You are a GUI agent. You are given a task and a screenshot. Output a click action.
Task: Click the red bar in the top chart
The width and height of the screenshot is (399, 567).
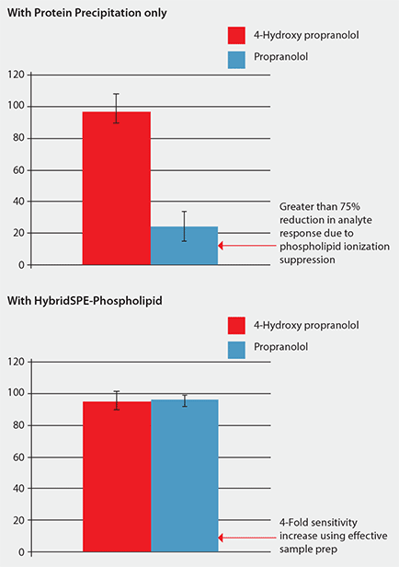tap(117, 188)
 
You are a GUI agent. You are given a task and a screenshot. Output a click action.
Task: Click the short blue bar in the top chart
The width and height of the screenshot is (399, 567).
tap(184, 246)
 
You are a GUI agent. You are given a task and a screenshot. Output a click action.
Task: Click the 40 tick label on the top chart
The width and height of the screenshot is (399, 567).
tap(17, 202)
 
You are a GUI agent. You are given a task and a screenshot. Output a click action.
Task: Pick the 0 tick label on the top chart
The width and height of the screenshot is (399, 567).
tap(20, 265)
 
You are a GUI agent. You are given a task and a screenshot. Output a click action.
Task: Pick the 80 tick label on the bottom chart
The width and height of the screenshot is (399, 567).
tap(17, 425)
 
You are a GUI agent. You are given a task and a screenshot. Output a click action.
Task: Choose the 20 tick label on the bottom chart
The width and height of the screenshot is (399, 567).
tap(17, 521)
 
